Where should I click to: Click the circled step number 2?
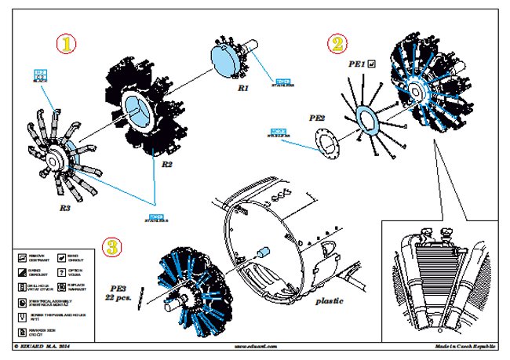pos(337,44)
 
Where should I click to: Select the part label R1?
pos(243,89)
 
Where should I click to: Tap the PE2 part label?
pos(317,118)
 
